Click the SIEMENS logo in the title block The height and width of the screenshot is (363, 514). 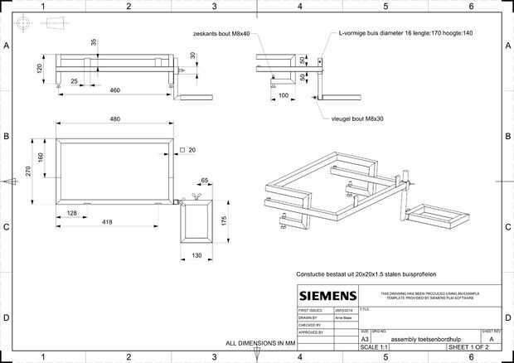coord(327,296)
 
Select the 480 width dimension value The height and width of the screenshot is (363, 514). coord(115,119)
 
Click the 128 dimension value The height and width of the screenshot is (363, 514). coord(72,214)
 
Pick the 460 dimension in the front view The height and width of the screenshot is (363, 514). coord(115,90)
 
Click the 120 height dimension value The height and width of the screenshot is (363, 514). coord(39,68)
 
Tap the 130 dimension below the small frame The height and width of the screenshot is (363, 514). coord(196,255)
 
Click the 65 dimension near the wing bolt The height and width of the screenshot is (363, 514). coord(204,180)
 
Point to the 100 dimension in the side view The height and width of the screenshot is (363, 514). coord(284,95)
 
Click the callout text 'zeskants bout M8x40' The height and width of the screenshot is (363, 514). coord(221,34)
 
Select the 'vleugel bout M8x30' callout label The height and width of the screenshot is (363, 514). coord(356,119)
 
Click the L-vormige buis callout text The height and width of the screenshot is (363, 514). coord(405,34)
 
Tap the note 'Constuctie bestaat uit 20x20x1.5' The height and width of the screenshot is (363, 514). coord(366,273)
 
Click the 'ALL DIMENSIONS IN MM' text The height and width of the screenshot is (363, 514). coord(260,342)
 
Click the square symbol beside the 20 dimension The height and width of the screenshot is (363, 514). coord(180,150)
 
